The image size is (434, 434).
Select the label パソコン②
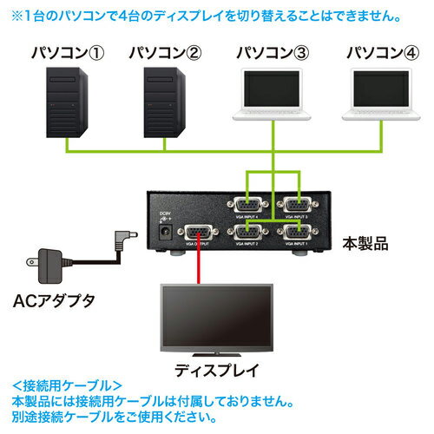[x=165, y=53]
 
